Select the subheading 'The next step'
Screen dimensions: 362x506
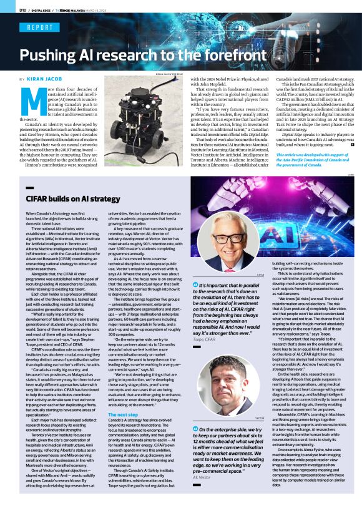coord(123,415)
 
